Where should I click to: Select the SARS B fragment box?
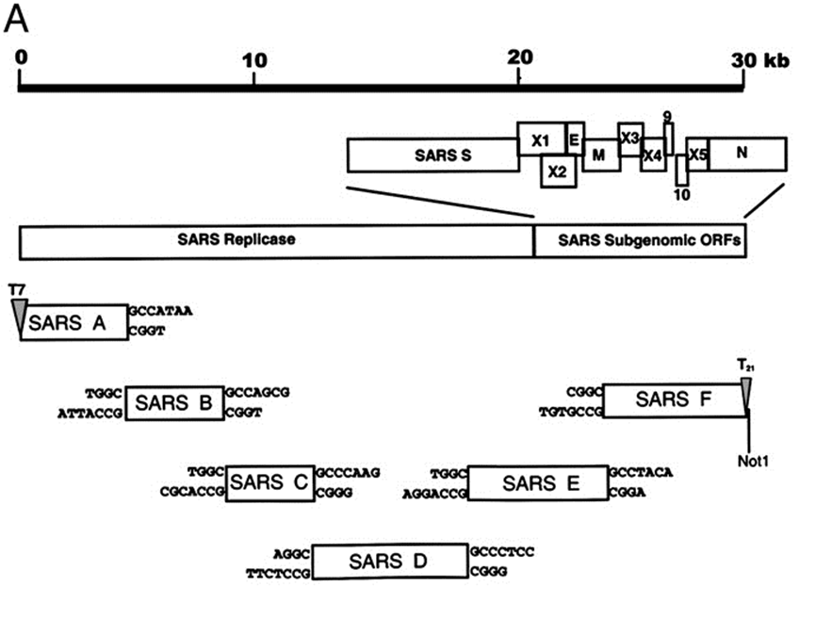tap(173, 403)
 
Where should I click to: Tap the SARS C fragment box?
tap(269, 482)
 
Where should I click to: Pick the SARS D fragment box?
tap(390, 562)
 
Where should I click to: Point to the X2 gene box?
tap(557, 171)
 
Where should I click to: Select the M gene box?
tap(600, 155)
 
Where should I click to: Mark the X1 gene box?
tap(541, 139)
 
